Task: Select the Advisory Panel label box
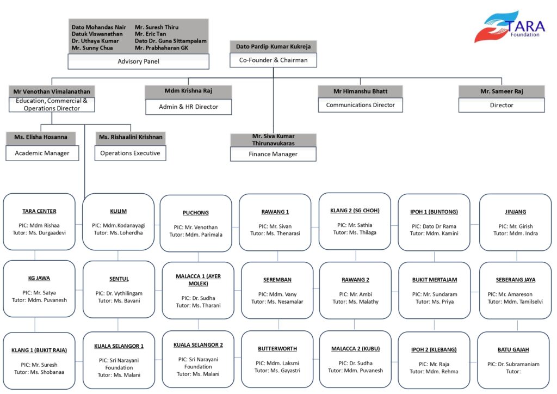(x=138, y=61)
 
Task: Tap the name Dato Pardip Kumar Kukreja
(x=273, y=47)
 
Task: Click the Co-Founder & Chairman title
(x=273, y=60)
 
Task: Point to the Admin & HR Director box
(x=188, y=107)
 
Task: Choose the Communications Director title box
(x=360, y=105)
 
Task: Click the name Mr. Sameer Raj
(x=501, y=91)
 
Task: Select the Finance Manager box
(x=273, y=154)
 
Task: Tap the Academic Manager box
(x=42, y=153)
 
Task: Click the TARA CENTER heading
(x=39, y=211)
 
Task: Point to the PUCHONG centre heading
(x=196, y=213)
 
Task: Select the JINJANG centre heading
(x=515, y=212)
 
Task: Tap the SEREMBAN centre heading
(x=277, y=280)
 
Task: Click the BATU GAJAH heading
(x=513, y=349)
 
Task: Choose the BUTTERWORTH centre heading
(x=277, y=349)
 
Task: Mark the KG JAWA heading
(x=39, y=278)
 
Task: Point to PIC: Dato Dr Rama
(x=434, y=226)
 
